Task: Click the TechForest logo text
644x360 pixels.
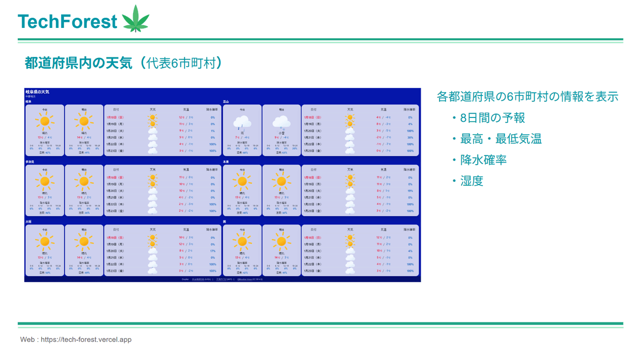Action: [x=67, y=21]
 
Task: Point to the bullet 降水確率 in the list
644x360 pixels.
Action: [x=484, y=160]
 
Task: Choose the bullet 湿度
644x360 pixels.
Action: [x=472, y=181]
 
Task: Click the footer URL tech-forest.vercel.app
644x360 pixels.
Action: [x=86, y=340]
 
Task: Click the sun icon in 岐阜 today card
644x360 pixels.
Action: [x=45, y=122]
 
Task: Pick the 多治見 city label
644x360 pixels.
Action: [x=30, y=161]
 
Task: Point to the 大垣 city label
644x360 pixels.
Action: [x=28, y=222]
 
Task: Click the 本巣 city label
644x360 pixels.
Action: [x=226, y=161]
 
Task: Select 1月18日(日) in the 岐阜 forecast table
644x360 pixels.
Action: [x=115, y=117]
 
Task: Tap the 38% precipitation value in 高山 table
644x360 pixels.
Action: [x=410, y=137]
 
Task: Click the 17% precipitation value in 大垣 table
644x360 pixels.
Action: [x=213, y=251]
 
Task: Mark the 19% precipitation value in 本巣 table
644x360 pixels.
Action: [x=410, y=191]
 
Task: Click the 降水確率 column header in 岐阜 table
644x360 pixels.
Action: [x=212, y=109]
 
